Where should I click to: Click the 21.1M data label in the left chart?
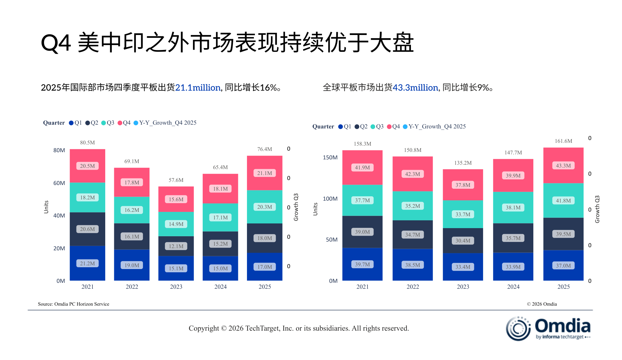coord(264,173)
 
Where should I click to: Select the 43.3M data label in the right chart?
coord(563,166)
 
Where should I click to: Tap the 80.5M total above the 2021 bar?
coord(87,143)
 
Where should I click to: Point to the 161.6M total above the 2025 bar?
coord(563,141)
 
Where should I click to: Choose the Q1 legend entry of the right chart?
coord(345,127)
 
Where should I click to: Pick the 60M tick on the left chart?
coord(59,183)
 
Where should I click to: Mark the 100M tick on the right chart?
coord(330,199)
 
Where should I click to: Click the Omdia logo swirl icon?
coord(518,328)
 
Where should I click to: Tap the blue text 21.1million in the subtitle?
coord(198,88)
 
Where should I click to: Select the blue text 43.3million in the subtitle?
coord(415,88)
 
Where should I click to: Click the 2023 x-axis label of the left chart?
coord(176,287)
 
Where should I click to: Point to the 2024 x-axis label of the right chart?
coord(513,287)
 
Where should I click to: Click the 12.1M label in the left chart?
coord(176,246)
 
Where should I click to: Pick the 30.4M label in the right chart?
coord(463,241)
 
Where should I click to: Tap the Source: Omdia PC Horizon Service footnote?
coord(74,304)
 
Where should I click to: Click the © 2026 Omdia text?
coord(542,304)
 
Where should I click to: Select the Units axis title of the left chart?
coord(46,207)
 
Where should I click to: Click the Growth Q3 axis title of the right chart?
coord(597,209)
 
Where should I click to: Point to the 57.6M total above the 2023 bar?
coord(176,180)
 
